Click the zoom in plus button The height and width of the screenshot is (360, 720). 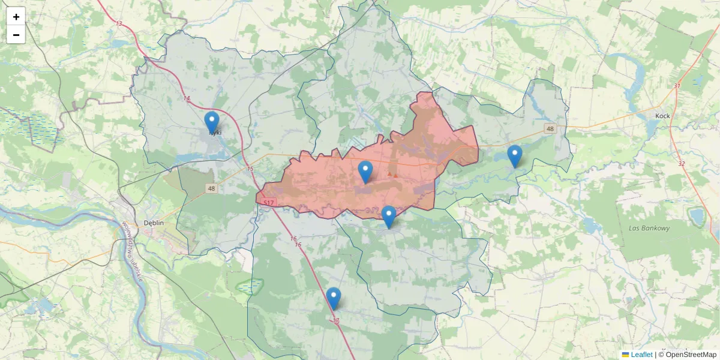16,16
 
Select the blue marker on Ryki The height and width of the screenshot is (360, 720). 212,122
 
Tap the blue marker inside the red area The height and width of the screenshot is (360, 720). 365,172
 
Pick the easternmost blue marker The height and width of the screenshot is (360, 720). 514,155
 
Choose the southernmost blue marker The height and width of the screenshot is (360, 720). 334,298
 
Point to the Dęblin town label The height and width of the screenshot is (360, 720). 154,223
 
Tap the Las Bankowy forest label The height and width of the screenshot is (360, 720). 649,228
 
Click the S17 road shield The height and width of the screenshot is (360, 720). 268,202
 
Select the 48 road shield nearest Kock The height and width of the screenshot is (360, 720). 550,129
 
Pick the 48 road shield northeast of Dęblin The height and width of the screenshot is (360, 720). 211,188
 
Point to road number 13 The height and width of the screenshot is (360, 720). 119,24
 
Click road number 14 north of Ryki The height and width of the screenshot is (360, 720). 187,98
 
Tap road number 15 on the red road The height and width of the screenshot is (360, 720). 250,169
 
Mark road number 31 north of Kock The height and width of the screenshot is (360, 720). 677,86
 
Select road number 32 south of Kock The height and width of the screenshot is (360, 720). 681,163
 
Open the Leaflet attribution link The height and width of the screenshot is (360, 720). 641,355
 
